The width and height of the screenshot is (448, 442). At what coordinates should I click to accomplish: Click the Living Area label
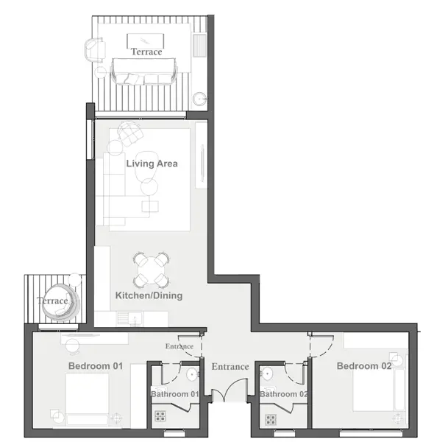coord(152,164)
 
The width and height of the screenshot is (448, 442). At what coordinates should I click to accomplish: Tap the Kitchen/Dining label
coord(149,295)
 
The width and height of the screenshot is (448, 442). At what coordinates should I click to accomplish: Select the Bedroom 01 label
coord(96,366)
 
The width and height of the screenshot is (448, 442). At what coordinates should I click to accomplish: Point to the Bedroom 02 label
coord(364,366)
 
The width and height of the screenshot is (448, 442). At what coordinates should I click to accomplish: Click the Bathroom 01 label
coord(174,394)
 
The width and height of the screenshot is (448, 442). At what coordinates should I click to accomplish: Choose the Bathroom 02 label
coord(284,394)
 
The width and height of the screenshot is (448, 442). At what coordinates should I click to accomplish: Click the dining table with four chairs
coord(151,270)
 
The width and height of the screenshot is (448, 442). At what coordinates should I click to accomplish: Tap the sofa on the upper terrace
coord(144,71)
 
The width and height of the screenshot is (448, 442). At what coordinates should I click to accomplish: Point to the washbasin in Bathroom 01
coord(192,374)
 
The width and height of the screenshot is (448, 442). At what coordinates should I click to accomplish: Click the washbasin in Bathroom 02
coord(266,374)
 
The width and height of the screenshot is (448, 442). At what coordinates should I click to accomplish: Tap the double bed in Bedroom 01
coord(87,400)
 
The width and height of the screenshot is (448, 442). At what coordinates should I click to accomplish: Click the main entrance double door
coord(230,390)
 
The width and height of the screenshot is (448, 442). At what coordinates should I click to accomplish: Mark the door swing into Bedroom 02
coord(321,346)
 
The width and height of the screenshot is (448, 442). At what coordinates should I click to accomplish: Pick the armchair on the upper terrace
coord(95,50)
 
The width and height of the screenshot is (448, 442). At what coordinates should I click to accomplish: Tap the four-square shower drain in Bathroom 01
coord(160,416)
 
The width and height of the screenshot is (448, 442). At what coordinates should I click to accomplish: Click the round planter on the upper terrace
coord(199,99)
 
